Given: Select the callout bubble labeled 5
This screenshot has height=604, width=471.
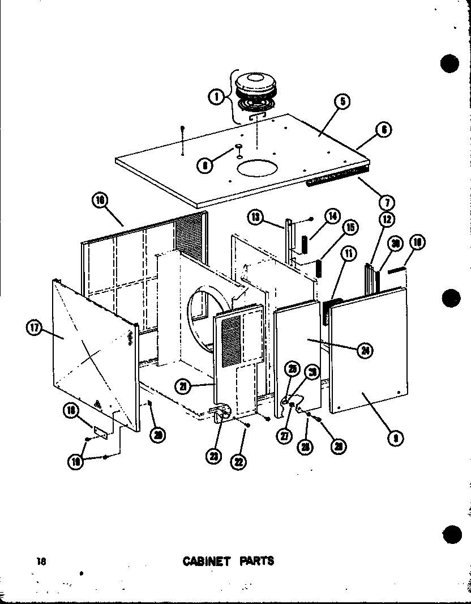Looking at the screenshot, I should click(x=342, y=102).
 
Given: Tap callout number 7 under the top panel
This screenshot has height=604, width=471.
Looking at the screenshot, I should click(x=388, y=202).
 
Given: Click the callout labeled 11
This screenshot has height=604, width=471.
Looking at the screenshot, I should click(x=349, y=254).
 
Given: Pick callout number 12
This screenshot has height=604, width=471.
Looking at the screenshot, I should click(x=387, y=219).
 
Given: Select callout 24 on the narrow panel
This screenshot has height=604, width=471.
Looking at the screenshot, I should click(x=366, y=351).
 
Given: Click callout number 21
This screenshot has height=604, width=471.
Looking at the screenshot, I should click(x=182, y=386).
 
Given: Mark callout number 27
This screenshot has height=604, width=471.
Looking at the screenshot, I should click(x=282, y=436).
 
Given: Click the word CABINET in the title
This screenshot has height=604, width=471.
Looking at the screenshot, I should click(x=206, y=561).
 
